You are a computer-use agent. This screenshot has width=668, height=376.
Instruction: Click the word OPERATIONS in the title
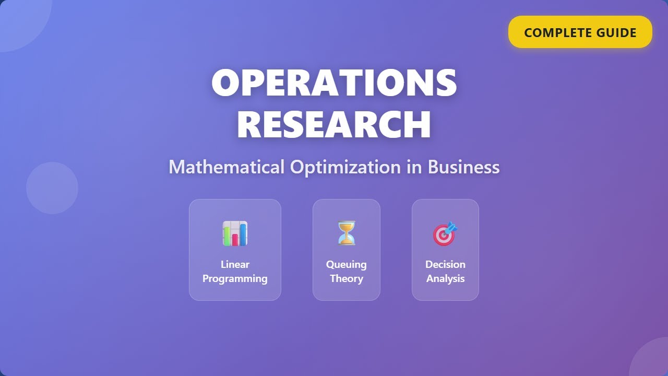click(x=334, y=83)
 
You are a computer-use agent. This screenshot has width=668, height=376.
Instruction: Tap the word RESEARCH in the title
click(x=334, y=124)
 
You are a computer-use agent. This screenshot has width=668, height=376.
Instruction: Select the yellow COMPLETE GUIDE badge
click(x=580, y=32)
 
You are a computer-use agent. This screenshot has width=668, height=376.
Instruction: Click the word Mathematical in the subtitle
click(x=226, y=167)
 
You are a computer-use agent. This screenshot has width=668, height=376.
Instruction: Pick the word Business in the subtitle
click(x=463, y=167)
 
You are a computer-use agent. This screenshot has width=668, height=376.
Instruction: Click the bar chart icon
click(x=235, y=233)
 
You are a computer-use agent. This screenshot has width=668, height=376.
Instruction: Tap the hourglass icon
click(x=346, y=233)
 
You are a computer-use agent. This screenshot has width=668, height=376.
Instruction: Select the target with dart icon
click(x=445, y=234)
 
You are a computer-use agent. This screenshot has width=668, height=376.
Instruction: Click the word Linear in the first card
click(x=235, y=264)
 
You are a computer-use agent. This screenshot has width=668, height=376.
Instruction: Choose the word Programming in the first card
click(x=235, y=278)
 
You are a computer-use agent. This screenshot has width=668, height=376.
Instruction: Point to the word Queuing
click(x=346, y=264)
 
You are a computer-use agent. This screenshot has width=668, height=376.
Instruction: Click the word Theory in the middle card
click(x=346, y=278)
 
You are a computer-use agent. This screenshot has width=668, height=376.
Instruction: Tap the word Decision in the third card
click(x=445, y=264)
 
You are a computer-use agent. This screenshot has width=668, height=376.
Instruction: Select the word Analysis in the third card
click(x=445, y=278)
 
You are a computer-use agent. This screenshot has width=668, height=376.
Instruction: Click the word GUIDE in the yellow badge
click(x=616, y=32)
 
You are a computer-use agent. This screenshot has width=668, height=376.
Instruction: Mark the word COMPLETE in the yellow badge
click(x=558, y=32)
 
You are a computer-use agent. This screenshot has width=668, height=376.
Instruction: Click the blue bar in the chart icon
click(x=243, y=234)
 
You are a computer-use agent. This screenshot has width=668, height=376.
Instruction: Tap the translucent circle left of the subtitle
click(x=52, y=188)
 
